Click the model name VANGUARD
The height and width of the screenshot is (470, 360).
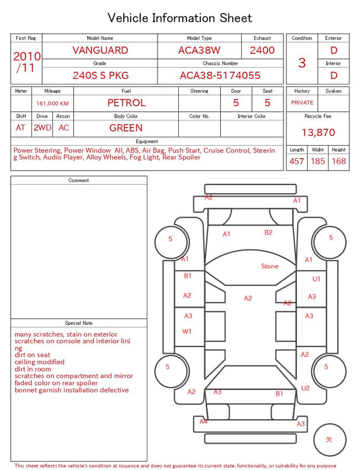pyautogui.click(x=100, y=50)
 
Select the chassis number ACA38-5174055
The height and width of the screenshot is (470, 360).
pyautogui.click(x=220, y=75)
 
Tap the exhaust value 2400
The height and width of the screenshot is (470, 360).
pyautogui.click(x=262, y=50)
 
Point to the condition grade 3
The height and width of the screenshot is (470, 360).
pyautogui.click(x=302, y=63)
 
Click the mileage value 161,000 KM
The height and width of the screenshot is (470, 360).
pyautogui.click(x=52, y=104)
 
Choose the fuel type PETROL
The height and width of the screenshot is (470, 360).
pyautogui.click(x=127, y=103)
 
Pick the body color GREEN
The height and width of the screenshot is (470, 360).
pyautogui.click(x=126, y=128)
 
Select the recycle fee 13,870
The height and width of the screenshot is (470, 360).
pyautogui.click(x=318, y=132)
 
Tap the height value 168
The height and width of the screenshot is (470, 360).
pyautogui.click(x=339, y=161)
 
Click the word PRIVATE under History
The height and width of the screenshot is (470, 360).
pyautogui.click(x=302, y=102)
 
